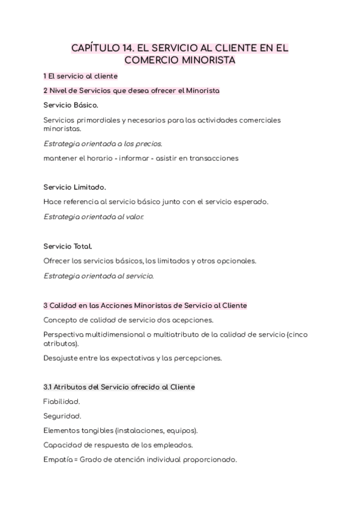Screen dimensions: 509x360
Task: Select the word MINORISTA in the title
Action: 206,61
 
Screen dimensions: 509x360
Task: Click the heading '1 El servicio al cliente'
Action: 80,76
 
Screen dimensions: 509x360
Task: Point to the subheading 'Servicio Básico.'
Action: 71,105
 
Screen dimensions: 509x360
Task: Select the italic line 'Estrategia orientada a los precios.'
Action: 103,143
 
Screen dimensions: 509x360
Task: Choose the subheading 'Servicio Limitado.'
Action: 74,187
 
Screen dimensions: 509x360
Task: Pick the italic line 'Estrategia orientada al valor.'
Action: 94,217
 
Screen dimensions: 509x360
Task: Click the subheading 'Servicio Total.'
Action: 68,246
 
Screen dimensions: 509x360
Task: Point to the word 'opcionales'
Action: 236,261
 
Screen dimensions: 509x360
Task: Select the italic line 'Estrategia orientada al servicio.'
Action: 98,276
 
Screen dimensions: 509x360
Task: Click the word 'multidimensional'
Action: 121,334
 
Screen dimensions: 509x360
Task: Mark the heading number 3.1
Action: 49,387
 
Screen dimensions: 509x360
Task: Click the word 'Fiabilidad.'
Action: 62,402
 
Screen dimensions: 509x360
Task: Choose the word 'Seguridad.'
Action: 62,416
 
